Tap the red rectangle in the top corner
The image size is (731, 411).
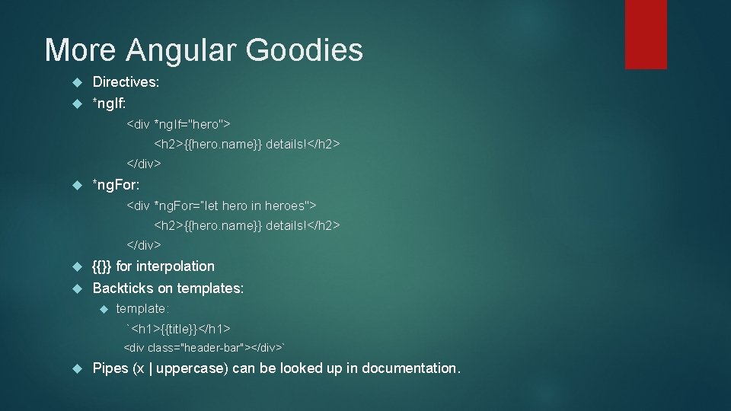pos(646,33)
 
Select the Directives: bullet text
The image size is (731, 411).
pos(126,82)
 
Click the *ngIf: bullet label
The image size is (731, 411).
pos(109,102)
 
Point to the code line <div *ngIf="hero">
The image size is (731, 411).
pos(179,123)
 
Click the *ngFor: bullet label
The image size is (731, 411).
pos(115,185)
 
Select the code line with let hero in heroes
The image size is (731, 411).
pos(222,205)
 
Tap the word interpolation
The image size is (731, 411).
pos(175,266)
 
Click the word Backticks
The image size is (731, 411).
pos(125,288)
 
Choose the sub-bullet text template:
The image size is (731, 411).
pos(142,309)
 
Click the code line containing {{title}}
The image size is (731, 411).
pos(180,329)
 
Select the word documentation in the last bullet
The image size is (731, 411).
pos(410,368)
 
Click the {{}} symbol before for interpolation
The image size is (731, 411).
pos(102,266)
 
